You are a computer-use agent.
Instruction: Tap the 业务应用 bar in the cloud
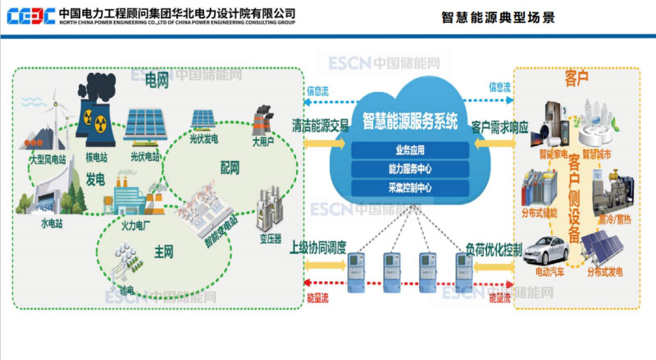pyautogui.click(x=410, y=150)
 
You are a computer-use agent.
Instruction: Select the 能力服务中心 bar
pyautogui.click(x=410, y=169)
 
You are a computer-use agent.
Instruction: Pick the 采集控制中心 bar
pyautogui.click(x=410, y=188)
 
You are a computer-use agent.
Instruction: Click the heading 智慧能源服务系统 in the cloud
pyautogui.click(x=410, y=123)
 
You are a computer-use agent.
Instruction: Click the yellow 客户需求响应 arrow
pyautogui.click(x=496, y=141)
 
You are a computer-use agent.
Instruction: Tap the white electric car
pyautogui.click(x=545, y=249)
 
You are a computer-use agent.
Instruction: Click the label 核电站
pyautogui.click(x=98, y=155)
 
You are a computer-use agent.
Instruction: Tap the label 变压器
pyautogui.click(x=271, y=238)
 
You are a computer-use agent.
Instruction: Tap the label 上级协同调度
pyautogui.click(x=323, y=247)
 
